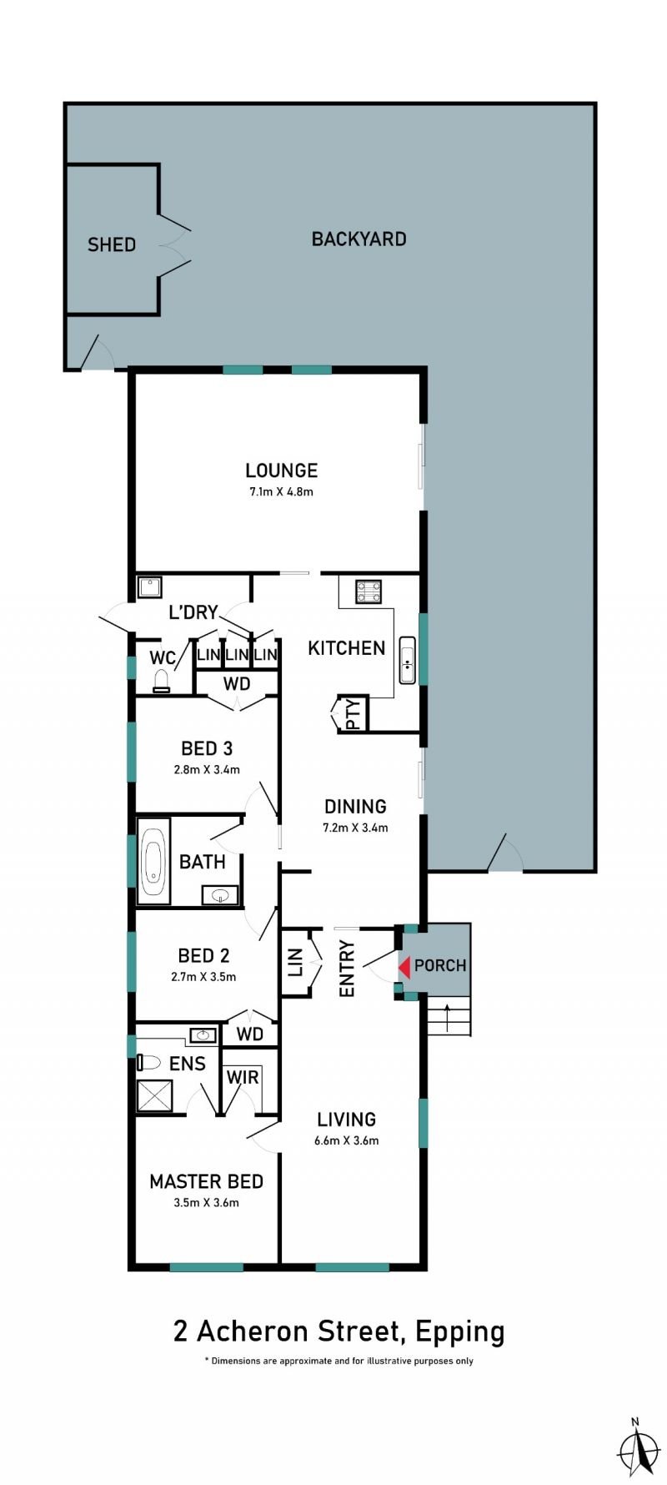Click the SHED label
[112, 244]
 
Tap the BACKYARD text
[359, 239]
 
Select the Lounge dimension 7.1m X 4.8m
[281, 491]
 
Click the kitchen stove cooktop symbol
[369, 591]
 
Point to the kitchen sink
[407, 660]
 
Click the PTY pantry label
[354, 714]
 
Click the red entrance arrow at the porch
[404, 967]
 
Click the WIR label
[243, 1077]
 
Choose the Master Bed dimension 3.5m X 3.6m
[206, 1202]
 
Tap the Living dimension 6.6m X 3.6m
[347, 1140]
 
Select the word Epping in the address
[460, 1331]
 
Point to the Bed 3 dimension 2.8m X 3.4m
[207, 769]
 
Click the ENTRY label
[348, 969]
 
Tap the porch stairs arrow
[448, 1017]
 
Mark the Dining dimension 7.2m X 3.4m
[355, 828]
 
